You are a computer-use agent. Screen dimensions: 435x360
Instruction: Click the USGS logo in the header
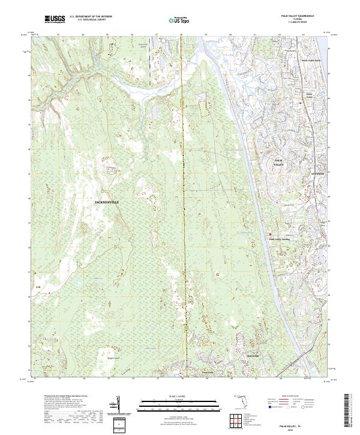coord(56,19)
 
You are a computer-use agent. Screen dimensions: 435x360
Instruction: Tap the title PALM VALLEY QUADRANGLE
coord(293,16)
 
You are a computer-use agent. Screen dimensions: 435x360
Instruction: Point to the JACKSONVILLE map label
coord(107,202)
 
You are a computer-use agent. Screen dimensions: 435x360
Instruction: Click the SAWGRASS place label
coord(317,173)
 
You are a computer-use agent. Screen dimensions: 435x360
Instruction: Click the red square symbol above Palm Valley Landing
coord(269,234)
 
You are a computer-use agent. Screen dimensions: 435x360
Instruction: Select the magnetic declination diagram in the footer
coord(119,405)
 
